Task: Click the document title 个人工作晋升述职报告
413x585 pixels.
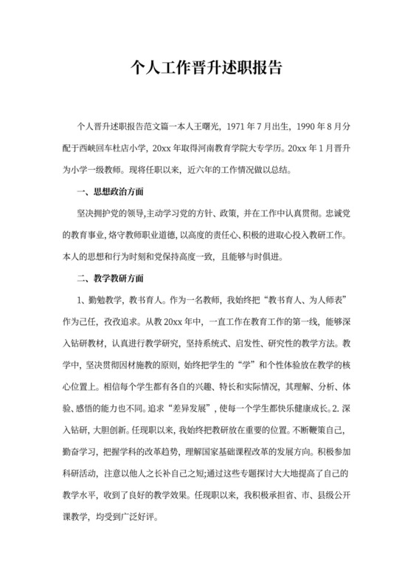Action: pyautogui.click(x=206, y=69)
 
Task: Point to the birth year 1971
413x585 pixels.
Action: pyautogui.click(x=237, y=127)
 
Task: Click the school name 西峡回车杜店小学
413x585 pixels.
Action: pyautogui.click(x=117, y=147)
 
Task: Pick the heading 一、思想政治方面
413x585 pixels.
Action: pyautogui.click(x=111, y=193)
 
